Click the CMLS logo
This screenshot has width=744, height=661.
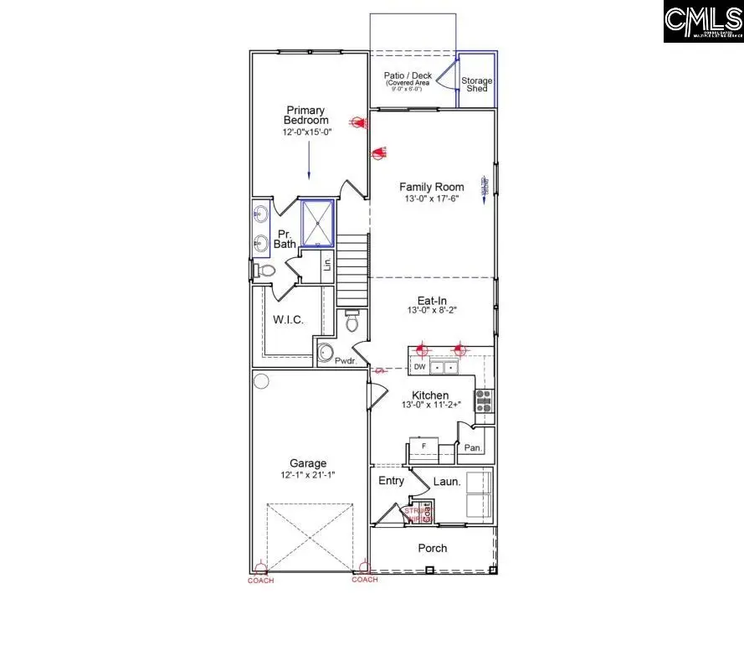pos(703,23)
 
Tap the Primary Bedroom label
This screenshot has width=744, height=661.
pos(305,116)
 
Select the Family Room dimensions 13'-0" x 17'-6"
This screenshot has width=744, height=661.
pos(431,199)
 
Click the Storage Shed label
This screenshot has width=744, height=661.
pos(477,85)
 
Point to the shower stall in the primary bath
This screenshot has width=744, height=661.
pos(318,223)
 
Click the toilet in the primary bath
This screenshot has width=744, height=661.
pos(265,271)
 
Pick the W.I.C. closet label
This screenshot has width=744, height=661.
pos(288,320)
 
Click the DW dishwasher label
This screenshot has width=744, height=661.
pos(421,368)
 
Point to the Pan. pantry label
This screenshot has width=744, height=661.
pos(474,448)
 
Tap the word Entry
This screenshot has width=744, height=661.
pos(391,481)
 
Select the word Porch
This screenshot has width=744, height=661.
pos(433,549)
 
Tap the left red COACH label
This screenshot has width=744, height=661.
pos(260,580)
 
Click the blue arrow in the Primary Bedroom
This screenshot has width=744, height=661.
pos(308,159)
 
